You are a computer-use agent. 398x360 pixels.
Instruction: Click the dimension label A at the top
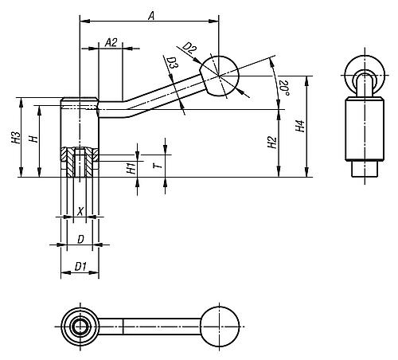[151, 16]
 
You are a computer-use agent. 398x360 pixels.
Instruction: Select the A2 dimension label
[111, 42]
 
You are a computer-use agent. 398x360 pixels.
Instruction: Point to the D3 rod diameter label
[173, 63]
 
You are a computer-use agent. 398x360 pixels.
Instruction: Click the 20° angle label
[284, 88]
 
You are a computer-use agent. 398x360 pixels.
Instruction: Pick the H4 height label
[300, 126]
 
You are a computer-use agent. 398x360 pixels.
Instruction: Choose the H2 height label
[272, 143]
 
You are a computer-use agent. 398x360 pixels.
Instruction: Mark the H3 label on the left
[16, 138]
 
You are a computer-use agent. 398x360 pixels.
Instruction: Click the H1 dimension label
[131, 168]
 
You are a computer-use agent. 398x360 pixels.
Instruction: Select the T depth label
[158, 166]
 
